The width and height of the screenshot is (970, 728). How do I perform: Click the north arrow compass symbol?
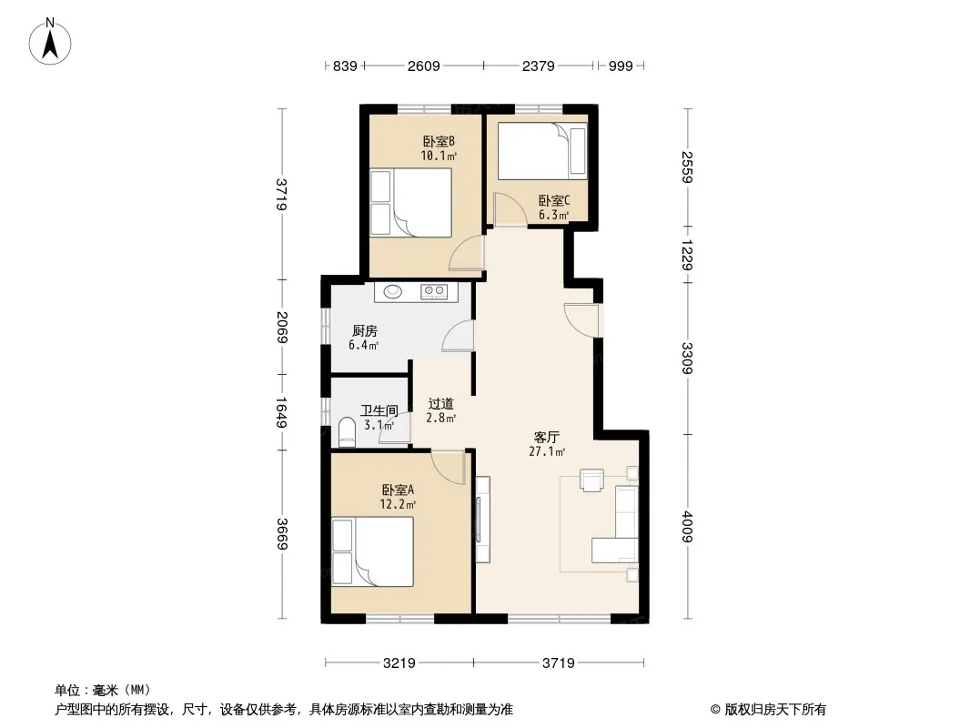coord(50,42)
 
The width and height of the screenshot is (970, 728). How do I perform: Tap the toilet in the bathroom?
coord(348,432)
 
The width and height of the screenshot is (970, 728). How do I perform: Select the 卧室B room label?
coord(439,142)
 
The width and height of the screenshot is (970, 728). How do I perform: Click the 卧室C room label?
coord(553,200)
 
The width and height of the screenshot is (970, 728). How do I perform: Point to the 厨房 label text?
coord(364,331)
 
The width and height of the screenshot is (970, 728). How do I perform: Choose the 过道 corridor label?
coord(441,404)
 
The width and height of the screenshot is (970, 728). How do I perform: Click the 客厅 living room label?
coord(547,438)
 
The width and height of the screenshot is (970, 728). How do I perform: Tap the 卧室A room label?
coord(398,490)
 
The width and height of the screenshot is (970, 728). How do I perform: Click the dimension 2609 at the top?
coord(424,66)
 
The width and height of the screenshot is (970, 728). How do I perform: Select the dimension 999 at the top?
coord(621,66)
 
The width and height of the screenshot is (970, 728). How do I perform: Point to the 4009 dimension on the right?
coord(687,527)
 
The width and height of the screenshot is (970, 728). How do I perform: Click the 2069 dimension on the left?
coord(282,328)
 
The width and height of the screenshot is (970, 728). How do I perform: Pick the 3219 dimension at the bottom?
coord(399,663)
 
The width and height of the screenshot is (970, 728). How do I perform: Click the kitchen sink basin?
coord(393,290)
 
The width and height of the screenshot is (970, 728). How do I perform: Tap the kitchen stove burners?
coord(434,290)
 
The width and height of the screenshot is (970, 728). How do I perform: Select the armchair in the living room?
coord(591,480)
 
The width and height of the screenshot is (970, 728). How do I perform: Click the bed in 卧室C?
coord(542,151)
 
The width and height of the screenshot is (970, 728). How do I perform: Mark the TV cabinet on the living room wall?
coord(483,519)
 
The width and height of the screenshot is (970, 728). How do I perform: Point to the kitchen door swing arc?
coord(458,337)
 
